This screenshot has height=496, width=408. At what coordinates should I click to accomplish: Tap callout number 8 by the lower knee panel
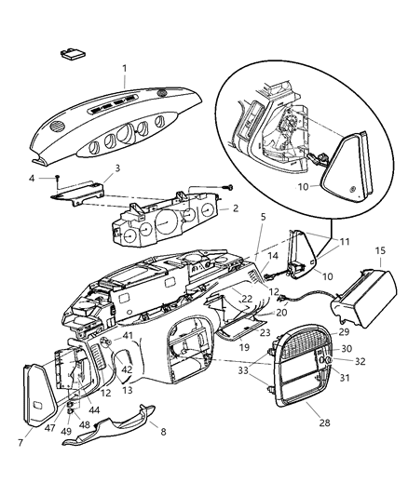(164, 432)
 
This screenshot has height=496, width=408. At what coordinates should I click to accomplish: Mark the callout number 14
(273, 255)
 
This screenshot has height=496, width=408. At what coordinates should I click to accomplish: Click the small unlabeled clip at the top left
(70, 54)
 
